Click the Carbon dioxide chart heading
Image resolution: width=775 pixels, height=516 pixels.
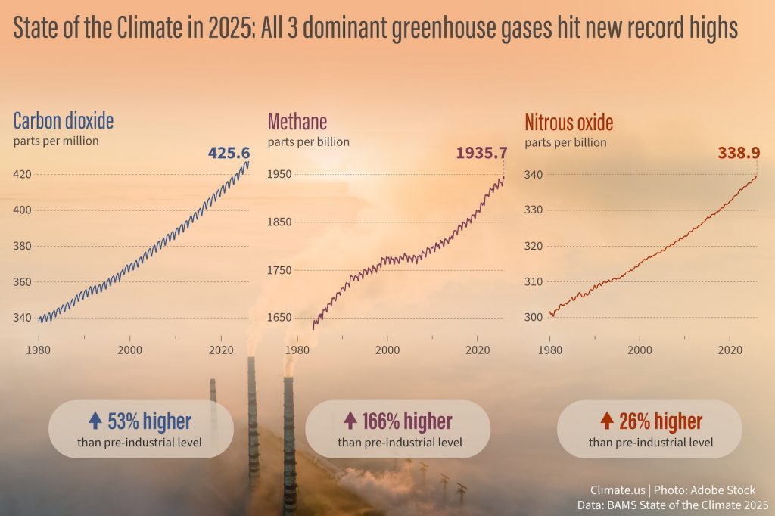click(64, 120)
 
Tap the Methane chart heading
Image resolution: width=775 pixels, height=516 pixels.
click(297, 122)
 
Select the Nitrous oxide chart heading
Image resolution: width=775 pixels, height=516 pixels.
click(569, 123)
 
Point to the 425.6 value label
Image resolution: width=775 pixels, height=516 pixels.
click(229, 153)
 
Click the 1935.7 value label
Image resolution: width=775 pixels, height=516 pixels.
click(481, 153)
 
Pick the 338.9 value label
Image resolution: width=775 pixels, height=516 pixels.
click(739, 153)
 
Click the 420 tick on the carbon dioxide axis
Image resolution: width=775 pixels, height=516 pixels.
click(22, 174)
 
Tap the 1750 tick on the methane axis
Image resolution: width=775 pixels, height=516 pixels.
click(279, 270)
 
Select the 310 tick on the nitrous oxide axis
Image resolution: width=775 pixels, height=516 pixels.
click(534, 281)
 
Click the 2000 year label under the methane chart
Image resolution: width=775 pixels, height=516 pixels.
click(387, 350)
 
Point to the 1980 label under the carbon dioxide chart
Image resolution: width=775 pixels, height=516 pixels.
click(39, 350)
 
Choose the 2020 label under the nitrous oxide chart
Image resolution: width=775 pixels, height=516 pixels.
click(730, 350)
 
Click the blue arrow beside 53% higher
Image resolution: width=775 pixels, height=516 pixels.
click(95, 421)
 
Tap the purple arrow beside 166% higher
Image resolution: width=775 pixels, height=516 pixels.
click(350, 421)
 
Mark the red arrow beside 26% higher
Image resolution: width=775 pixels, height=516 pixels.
click(607, 421)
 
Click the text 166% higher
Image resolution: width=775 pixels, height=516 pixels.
click(407, 421)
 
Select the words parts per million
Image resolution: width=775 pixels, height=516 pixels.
click(56, 141)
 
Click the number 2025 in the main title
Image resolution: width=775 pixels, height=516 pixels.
click(229, 27)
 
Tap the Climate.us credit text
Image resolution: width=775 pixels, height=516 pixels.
click(618, 490)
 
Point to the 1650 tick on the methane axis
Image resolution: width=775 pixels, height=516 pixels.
click(279, 317)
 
